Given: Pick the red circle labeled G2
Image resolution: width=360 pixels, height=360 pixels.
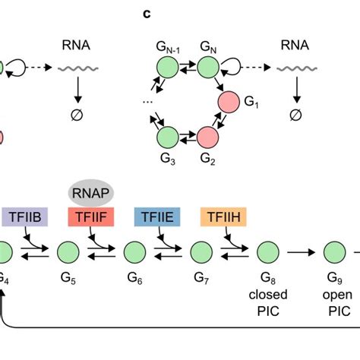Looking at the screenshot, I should [x=208, y=137].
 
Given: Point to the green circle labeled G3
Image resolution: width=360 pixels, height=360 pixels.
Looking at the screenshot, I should [x=167, y=137].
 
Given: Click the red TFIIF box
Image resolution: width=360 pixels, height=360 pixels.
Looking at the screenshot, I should [x=92, y=219].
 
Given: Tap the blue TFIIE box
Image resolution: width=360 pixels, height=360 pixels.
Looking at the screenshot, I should [x=158, y=219].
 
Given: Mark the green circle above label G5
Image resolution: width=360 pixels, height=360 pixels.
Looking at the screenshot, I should [x=68, y=251].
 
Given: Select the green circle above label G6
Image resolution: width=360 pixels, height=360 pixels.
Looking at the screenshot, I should [x=135, y=251].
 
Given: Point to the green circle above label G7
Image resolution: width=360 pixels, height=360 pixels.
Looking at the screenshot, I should [x=201, y=251].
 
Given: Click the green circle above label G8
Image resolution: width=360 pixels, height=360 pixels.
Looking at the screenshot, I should [x=267, y=251].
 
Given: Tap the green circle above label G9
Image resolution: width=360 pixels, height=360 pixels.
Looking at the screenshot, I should [x=334, y=251].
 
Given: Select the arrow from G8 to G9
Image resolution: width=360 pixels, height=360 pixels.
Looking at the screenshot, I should [x=301, y=251].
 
